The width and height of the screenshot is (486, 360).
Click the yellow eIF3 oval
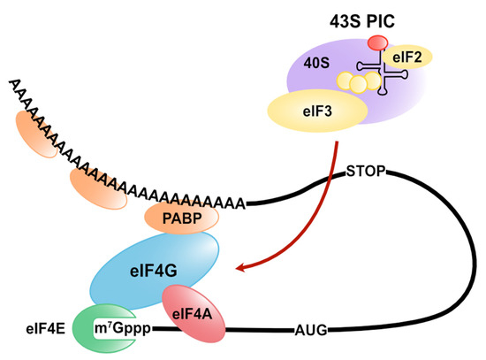pos(317,111)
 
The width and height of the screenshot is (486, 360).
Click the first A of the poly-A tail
pos(12,85)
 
